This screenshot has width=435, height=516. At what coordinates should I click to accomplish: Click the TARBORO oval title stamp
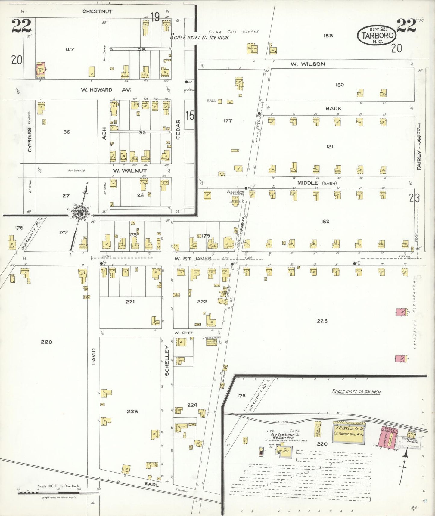coord(377,36)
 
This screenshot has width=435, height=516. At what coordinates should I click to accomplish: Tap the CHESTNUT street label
coord(97,11)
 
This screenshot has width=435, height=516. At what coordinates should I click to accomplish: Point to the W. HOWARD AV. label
coord(105,90)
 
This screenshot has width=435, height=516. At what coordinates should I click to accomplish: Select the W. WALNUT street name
coord(130,170)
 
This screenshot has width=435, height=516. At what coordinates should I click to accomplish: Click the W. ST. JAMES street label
coord(193,259)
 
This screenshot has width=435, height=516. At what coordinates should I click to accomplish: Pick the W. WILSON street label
coord(308,64)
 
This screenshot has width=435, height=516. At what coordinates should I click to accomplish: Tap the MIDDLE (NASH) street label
coord(317,183)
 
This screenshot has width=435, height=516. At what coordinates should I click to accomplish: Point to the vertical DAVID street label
coord(93,356)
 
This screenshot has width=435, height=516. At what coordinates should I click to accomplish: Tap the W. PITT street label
coord(183,333)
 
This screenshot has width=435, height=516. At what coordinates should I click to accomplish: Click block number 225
coord(322,321)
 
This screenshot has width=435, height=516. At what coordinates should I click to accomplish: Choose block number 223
coord(132,411)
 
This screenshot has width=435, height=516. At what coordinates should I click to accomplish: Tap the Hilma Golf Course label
coord(234,32)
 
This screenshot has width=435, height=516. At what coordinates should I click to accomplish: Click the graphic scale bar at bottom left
coord(59,493)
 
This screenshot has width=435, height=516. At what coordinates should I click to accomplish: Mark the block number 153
coord(328,36)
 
